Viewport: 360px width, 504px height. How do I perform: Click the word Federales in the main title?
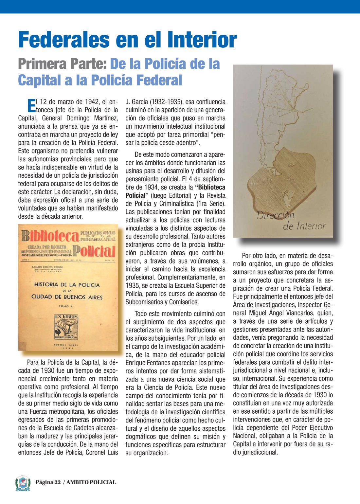click(x=64, y=40)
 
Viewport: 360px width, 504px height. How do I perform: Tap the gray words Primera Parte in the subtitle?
click(x=62, y=64)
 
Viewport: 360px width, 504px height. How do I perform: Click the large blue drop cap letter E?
click(x=31, y=105)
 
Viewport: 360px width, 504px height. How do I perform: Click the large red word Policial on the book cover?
click(x=94, y=251)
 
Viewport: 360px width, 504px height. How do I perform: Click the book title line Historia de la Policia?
click(x=67, y=285)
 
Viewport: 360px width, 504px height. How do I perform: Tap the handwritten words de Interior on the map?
click(x=304, y=226)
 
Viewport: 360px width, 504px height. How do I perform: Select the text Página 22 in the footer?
click(x=48, y=482)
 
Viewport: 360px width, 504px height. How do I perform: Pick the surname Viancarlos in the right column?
click(x=294, y=313)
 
